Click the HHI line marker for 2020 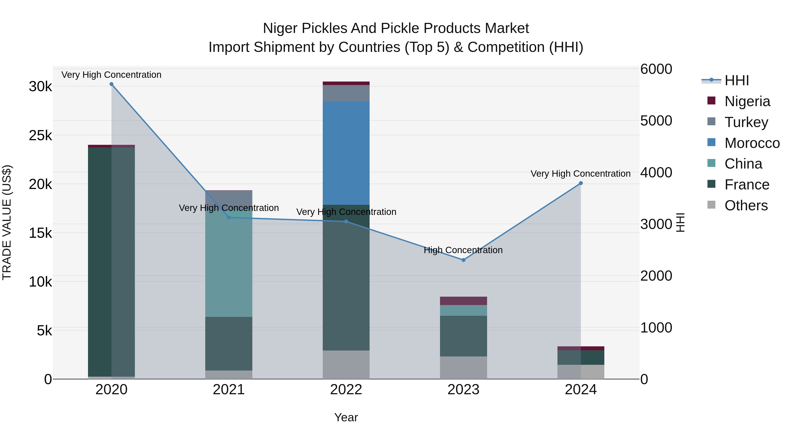111,84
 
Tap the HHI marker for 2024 581,183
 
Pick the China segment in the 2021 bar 229,264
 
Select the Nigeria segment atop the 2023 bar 463,301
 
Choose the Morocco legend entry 752,143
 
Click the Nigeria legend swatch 711,101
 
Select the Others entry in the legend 746,205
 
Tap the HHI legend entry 736,80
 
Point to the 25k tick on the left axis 40,135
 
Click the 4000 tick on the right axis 656,173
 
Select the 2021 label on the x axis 229,389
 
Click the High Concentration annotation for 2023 463,250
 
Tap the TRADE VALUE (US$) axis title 7,222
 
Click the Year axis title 346,417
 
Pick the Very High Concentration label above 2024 580,174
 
